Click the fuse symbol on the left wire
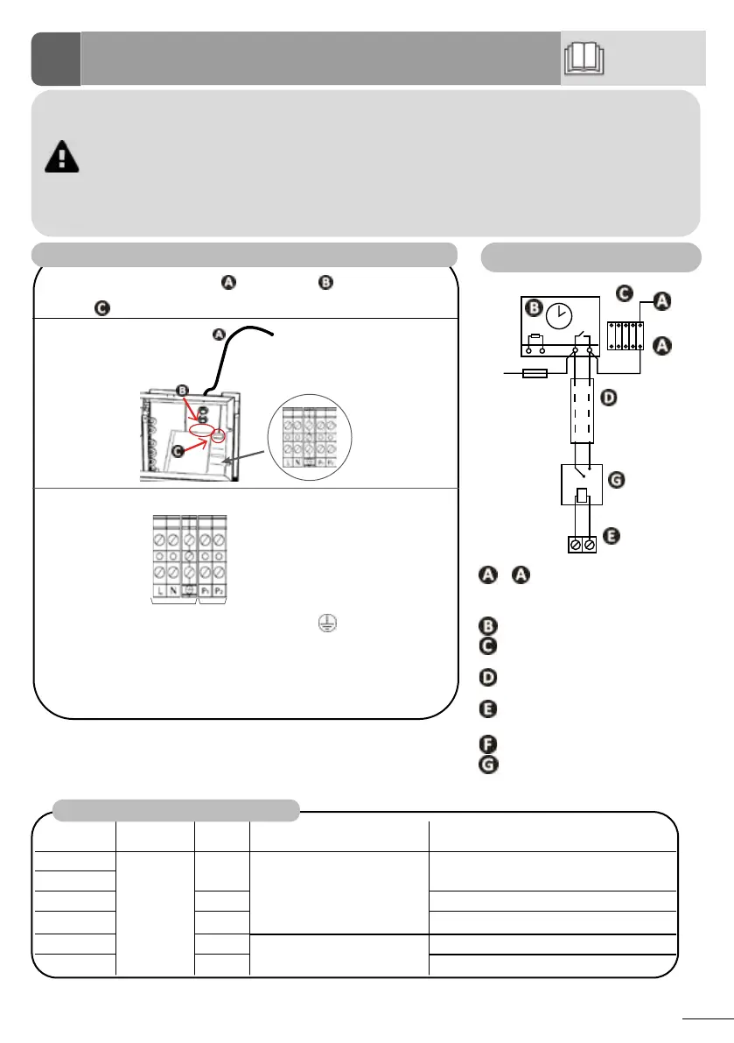tap(535, 373)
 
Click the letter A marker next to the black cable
tap(219, 334)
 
